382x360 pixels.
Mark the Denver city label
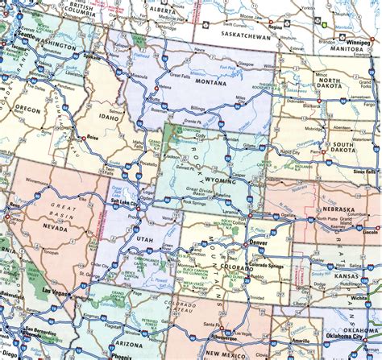click(259, 242)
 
